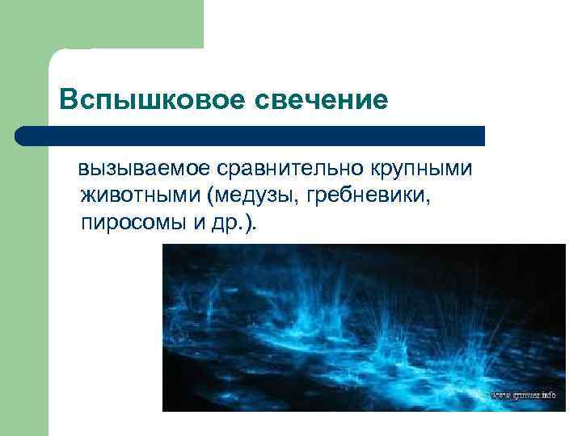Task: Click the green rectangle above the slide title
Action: point(121,24)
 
